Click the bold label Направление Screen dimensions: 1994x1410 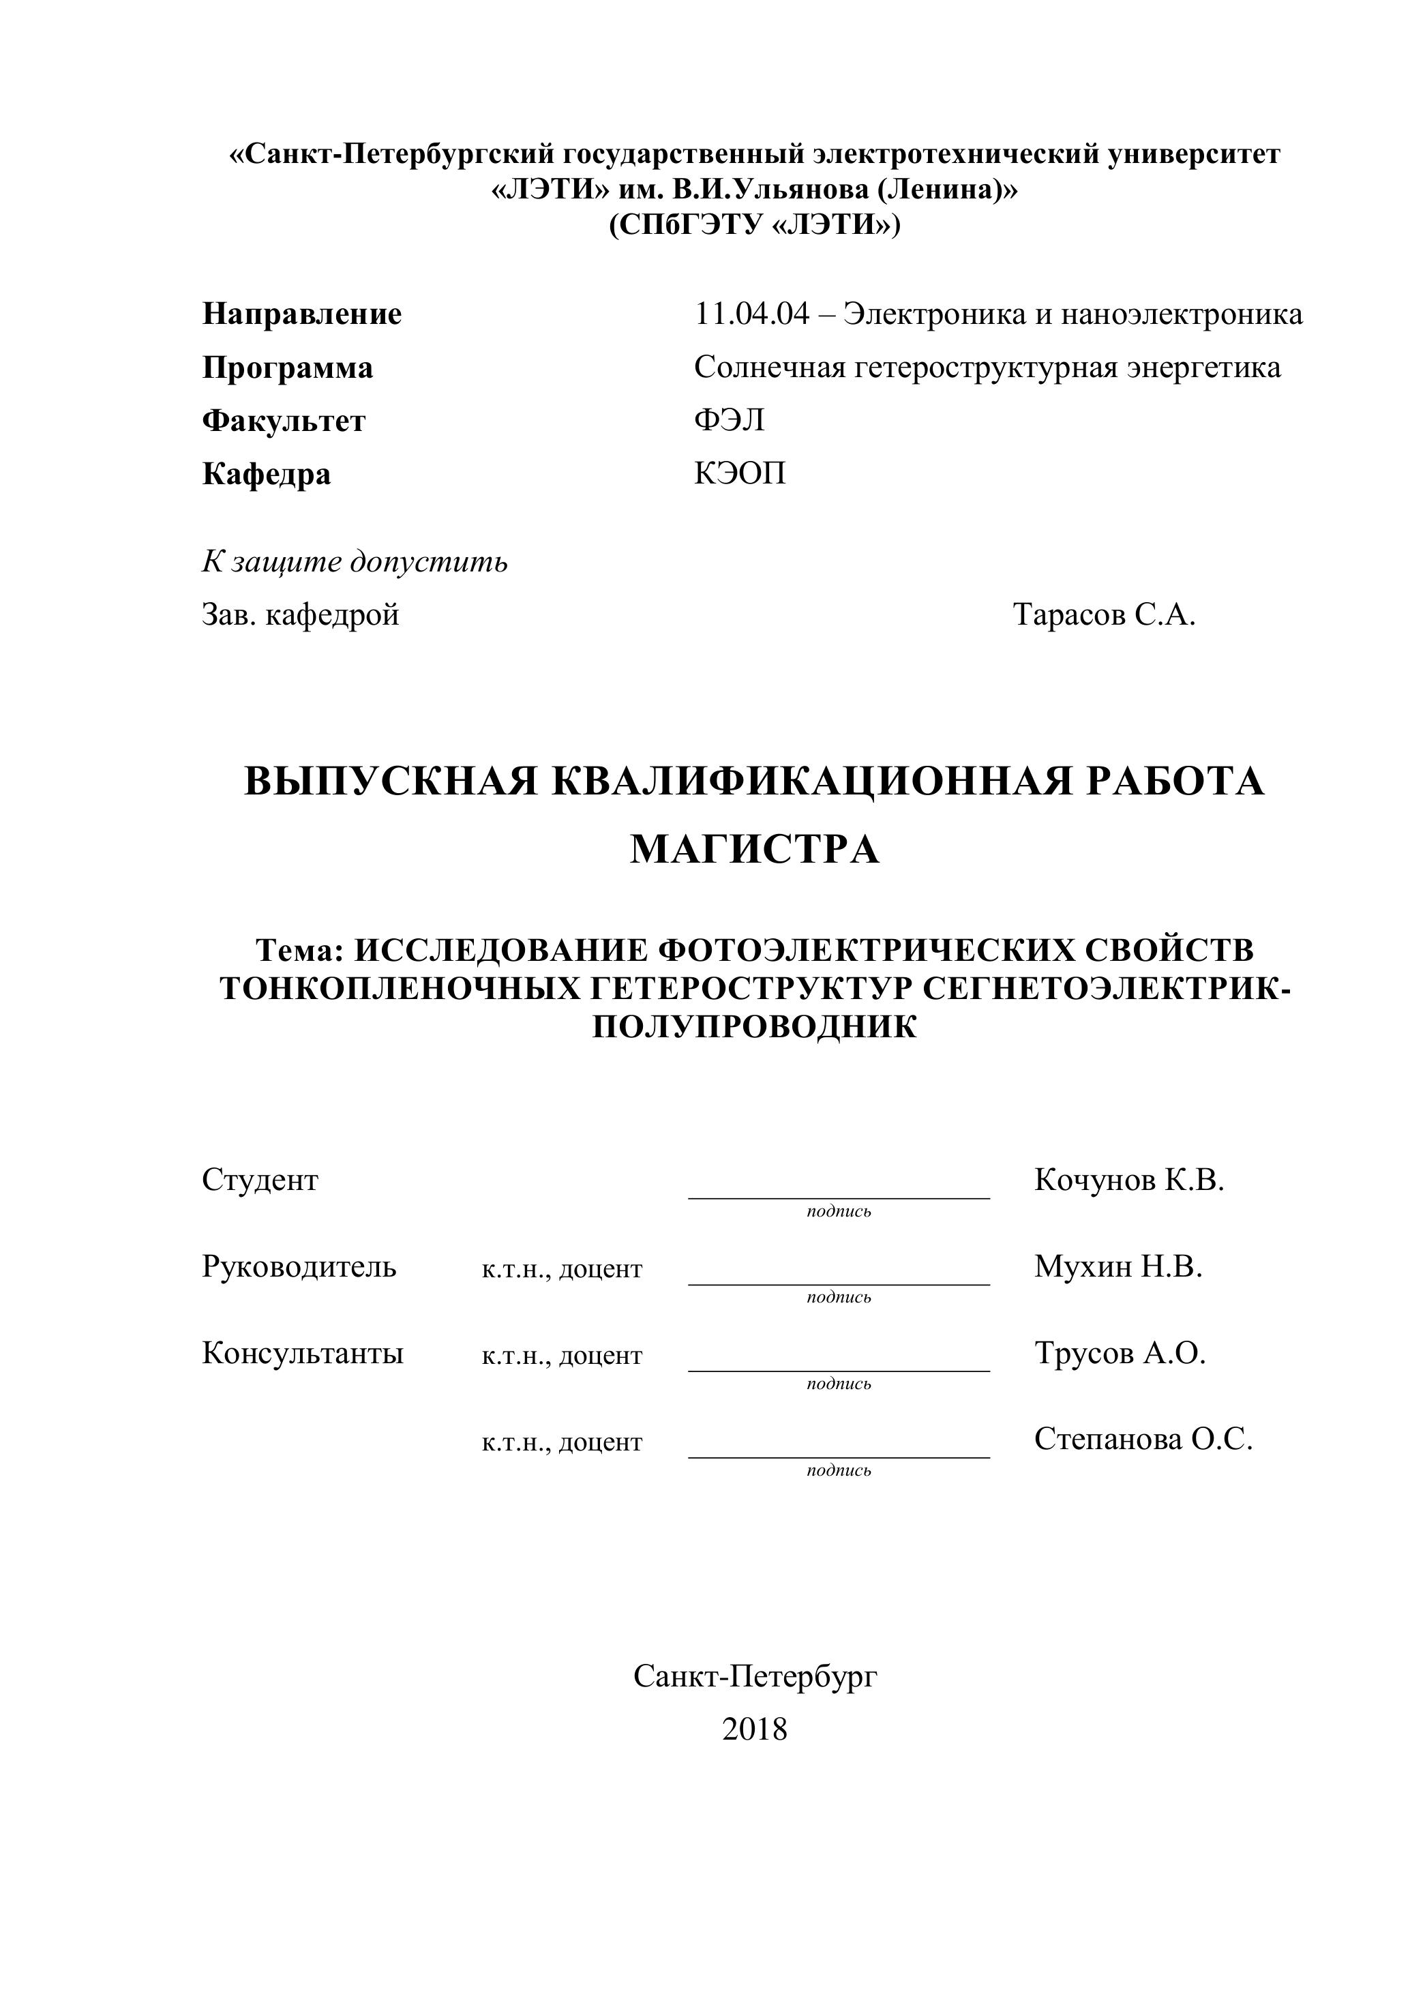(301, 314)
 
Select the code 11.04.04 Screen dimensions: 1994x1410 (751, 314)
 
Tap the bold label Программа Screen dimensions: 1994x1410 (287, 368)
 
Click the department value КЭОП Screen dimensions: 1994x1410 (739, 473)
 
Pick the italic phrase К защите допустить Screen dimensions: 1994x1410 (355, 562)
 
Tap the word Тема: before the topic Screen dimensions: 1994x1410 (301, 950)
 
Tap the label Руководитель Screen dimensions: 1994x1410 (299, 1266)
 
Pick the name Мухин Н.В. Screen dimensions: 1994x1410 (1118, 1266)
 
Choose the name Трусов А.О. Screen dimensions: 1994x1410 (1120, 1353)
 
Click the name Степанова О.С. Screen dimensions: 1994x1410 (1143, 1439)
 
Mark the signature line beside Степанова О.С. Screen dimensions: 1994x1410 (838, 1457)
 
